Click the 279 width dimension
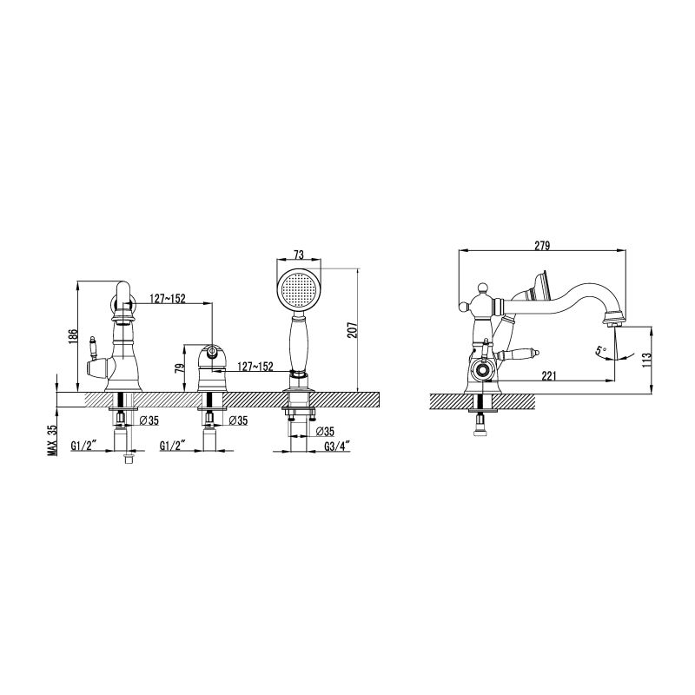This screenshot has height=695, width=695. tap(541, 245)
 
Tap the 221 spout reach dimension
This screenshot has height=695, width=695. tap(548, 376)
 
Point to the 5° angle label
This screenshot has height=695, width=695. tap(601, 350)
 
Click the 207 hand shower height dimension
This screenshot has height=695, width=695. tap(352, 329)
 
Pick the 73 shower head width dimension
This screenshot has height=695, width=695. tap(298, 255)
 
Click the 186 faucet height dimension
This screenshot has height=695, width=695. tap(74, 336)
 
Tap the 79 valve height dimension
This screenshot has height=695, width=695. tap(180, 367)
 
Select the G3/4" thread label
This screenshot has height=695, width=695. tap(337, 446)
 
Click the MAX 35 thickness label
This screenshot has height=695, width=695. tap(53, 440)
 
